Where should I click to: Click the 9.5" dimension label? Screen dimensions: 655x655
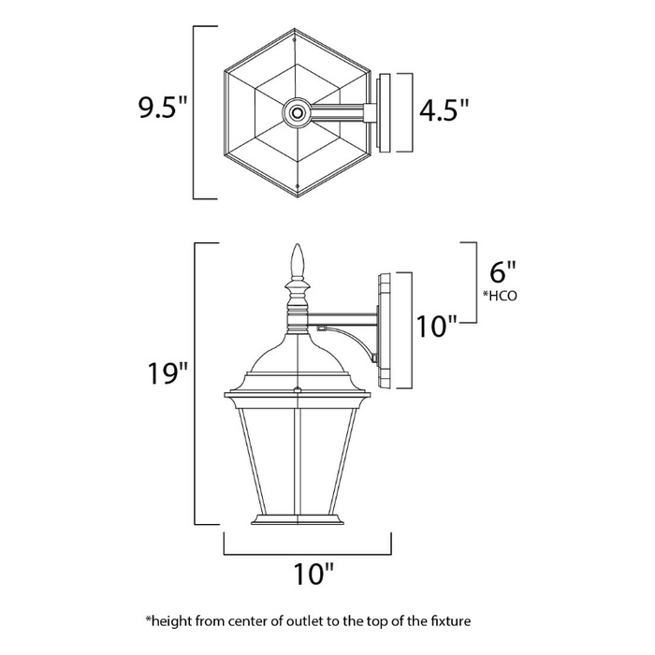point(164,109)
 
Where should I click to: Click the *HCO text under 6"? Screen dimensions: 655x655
point(501,296)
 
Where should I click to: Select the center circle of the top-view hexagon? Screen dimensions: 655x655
point(298,113)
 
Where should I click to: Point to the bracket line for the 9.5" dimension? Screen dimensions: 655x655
point(194,112)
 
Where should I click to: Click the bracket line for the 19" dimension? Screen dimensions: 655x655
point(194,384)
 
